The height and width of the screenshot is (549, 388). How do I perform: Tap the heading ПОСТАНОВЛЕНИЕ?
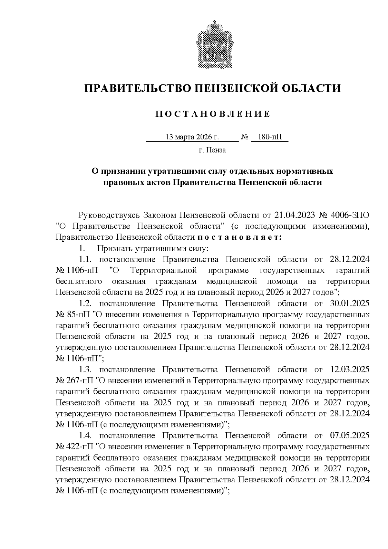point(212,114)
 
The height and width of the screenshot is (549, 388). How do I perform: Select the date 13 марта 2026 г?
point(192,137)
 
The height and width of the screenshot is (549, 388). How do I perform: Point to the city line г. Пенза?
point(212,150)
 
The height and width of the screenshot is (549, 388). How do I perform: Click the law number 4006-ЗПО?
point(351,215)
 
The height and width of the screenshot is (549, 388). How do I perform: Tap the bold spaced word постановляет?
point(240,237)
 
